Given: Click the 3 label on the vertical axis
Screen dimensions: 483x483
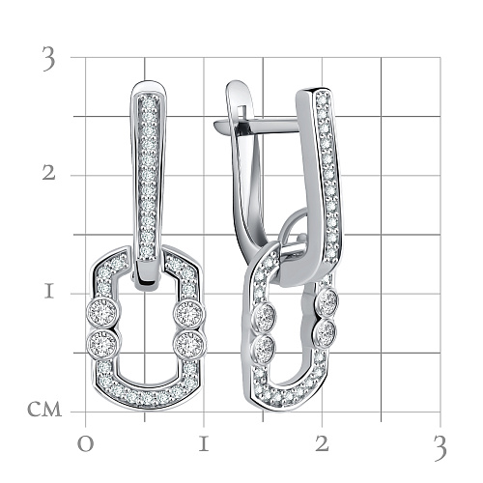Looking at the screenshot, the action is click(x=48, y=59).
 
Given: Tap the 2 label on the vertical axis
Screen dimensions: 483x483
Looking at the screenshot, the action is click(x=49, y=174).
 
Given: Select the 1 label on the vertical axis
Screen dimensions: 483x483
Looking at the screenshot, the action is click(x=49, y=292).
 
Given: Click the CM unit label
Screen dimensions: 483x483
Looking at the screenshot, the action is click(x=44, y=410).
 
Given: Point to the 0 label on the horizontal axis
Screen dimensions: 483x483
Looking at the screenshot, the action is click(x=85, y=444).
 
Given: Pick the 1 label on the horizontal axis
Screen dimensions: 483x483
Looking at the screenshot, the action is click(x=204, y=444).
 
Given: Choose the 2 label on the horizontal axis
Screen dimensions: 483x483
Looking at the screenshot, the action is click(x=322, y=444).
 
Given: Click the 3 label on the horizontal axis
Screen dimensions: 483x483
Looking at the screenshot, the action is click(x=440, y=447).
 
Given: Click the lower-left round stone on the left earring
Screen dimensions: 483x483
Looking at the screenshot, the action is click(x=103, y=343).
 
